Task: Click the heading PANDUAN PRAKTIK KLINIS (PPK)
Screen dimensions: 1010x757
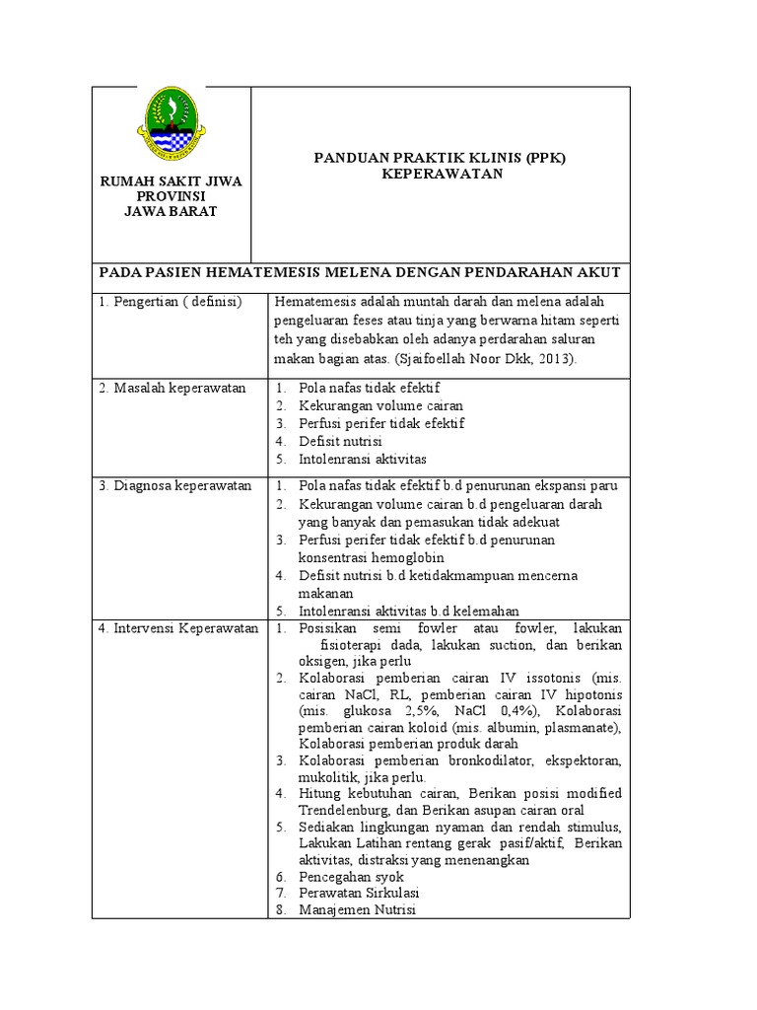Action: (x=441, y=158)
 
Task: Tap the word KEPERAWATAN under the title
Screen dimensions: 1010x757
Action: (x=442, y=174)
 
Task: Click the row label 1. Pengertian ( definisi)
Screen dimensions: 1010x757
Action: (x=170, y=302)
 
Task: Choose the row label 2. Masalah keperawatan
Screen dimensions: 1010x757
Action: (x=172, y=388)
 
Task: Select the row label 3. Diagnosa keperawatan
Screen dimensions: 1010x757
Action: (x=175, y=485)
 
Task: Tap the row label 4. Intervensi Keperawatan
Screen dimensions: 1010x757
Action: (x=178, y=627)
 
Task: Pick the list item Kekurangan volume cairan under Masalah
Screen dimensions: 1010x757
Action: (x=380, y=405)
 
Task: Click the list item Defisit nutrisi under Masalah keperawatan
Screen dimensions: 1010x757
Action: (x=340, y=441)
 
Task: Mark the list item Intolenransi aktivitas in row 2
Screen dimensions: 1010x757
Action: (x=363, y=459)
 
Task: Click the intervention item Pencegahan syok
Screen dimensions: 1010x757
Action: (x=350, y=876)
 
